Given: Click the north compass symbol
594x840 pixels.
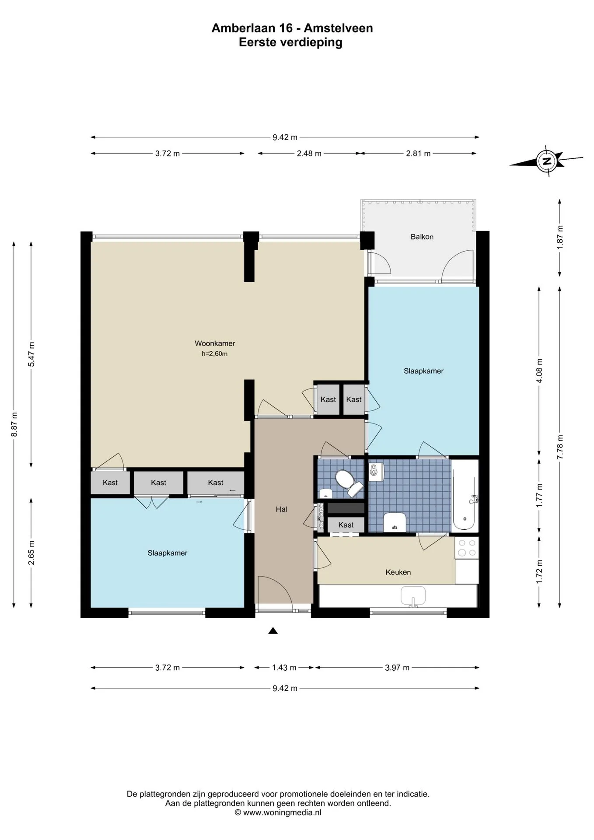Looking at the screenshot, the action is pos(547,161).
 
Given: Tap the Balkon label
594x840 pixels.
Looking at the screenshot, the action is pos(422,237).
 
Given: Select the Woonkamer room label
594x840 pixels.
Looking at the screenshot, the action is pos(215,343).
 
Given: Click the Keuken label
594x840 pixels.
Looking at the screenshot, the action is pos(398,572).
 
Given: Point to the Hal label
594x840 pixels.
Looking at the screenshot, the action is pos(281,509).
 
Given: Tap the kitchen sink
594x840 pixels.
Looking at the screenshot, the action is pos(413,596).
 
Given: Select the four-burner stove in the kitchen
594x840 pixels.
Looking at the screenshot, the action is pos(467,548).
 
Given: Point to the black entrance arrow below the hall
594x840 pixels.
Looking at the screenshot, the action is pos(273,630).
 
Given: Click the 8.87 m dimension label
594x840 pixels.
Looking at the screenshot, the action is pos(14,424).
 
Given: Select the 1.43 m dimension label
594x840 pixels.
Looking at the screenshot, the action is pos(284,668).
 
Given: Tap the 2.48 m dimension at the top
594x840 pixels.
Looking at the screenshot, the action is pos(309,154).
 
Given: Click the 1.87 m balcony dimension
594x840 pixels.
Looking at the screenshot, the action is pos(559,237).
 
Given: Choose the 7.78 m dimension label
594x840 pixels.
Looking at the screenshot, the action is pos(559,447).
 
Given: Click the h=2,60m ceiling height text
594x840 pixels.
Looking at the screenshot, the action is pos(214,353).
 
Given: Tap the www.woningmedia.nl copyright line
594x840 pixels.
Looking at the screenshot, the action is pos(278,812).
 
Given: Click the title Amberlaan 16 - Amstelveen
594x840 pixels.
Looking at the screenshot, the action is pos(292,28).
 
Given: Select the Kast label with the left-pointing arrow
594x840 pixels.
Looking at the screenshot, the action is pos(216,483).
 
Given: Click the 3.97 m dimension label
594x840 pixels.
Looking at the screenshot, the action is pos(397,668).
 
